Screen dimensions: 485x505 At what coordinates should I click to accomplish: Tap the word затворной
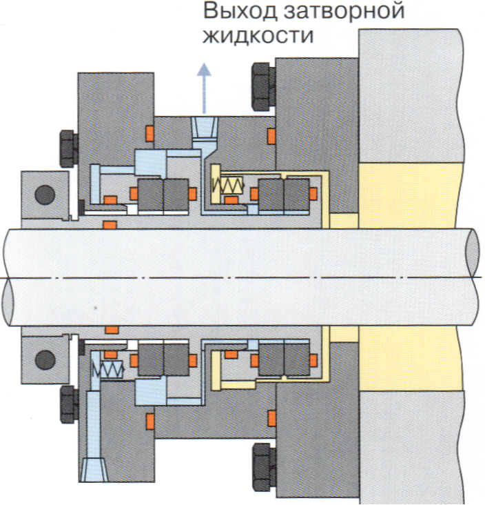[x=344, y=12]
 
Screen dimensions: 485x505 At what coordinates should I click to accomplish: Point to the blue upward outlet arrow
[x=204, y=86]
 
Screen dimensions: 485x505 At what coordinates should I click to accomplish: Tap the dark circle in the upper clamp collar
[x=45, y=195]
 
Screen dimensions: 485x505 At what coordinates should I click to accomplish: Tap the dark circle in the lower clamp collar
[x=45, y=359]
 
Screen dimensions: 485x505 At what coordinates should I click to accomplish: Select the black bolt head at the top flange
[x=262, y=86]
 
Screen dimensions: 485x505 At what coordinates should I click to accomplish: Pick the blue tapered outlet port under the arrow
[x=204, y=128]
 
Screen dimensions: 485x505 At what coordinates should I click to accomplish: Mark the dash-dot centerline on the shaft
[x=241, y=277]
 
